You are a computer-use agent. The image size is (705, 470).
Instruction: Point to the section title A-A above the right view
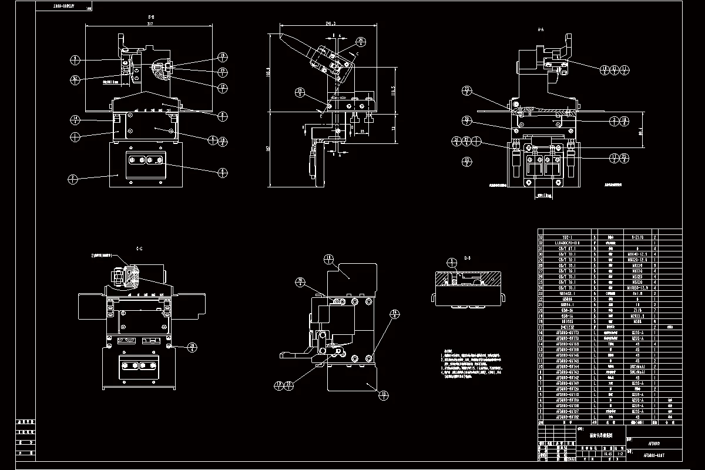(x=540, y=28)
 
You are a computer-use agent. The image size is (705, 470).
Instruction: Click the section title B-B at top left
(x=151, y=18)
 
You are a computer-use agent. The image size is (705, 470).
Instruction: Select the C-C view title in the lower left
(x=139, y=249)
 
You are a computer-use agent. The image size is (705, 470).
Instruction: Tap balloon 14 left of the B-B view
(x=75, y=120)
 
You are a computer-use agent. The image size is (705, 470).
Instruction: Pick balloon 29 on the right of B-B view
(x=223, y=71)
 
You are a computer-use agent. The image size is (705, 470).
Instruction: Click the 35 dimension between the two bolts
(x=363, y=131)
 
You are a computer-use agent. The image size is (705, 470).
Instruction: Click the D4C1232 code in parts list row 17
(x=567, y=327)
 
